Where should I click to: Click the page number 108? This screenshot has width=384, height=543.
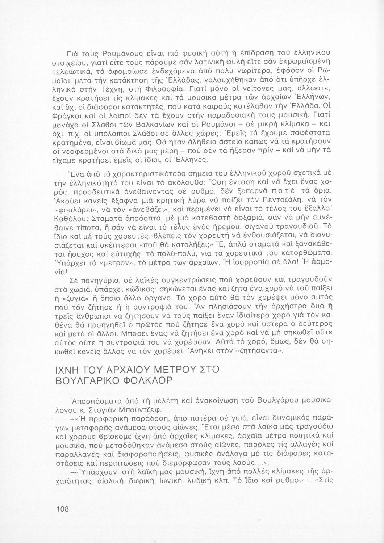[63, 509]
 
